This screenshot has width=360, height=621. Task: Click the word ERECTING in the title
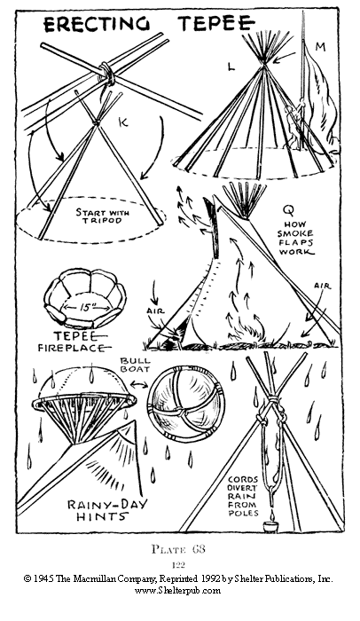pyautogui.click(x=97, y=24)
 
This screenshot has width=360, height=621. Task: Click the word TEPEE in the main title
pyautogui.click(x=216, y=23)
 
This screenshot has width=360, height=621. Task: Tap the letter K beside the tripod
pyautogui.click(x=123, y=123)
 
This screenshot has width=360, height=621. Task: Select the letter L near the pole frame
pyautogui.click(x=231, y=67)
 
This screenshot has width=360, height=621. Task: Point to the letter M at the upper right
pyautogui.click(x=320, y=47)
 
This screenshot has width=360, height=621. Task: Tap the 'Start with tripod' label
pyautogui.click(x=103, y=216)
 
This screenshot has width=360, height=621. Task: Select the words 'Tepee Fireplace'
pyautogui.click(x=73, y=342)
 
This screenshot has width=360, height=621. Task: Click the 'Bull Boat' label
pyautogui.click(x=135, y=365)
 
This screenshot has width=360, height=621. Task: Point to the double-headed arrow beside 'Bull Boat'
pyautogui.click(x=139, y=383)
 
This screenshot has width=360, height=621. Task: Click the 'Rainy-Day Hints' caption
pyautogui.click(x=106, y=510)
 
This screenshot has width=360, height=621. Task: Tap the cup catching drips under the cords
pyautogui.click(x=271, y=527)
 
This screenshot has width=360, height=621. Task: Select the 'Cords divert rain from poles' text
pyautogui.click(x=243, y=496)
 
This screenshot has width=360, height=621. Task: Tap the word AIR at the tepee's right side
pyautogui.click(x=322, y=285)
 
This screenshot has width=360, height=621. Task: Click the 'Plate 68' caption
pyautogui.click(x=178, y=549)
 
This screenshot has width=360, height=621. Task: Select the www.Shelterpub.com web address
pyautogui.click(x=178, y=591)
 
